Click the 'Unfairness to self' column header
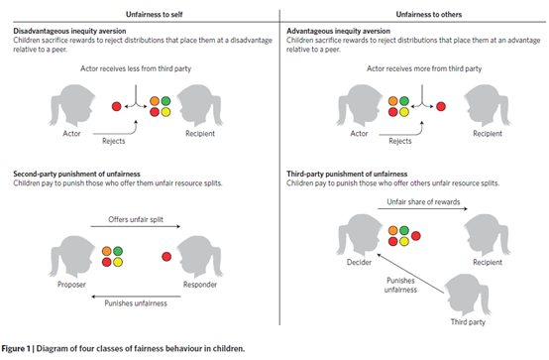tap(154, 14)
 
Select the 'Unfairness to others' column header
tap(428, 14)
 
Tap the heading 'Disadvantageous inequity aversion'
tap(69, 31)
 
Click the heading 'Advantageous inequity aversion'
tap(338, 31)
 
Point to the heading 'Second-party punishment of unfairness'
tap(76, 174)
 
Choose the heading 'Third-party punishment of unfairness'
tap(347, 174)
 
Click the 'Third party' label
tap(468, 321)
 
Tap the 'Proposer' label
tap(71, 285)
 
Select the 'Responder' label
tap(200, 285)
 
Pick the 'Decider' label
tap(359, 262)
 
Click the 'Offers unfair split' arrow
tap(136, 226)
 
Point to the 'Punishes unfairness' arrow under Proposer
tap(136, 297)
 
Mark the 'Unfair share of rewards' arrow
tap(422, 209)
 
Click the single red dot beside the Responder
tap(166, 257)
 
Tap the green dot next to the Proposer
tap(118, 251)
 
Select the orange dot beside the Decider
tap(393, 230)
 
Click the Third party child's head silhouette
tap(467, 295)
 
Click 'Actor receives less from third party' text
tap(136, 68)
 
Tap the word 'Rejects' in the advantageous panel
tap(399, 141)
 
